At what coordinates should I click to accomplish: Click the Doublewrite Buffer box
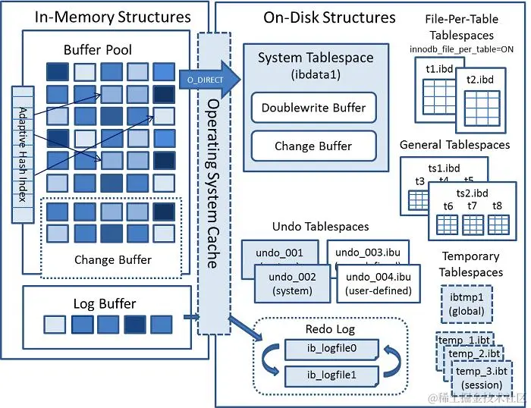313,108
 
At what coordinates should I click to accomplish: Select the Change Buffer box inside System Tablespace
313,146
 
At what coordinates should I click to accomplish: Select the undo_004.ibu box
378,283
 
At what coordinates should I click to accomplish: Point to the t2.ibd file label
480,79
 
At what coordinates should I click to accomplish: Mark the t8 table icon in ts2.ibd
498,223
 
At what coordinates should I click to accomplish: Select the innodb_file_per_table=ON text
461,49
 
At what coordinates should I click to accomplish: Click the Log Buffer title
105,304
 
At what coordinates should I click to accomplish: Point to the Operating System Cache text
213,182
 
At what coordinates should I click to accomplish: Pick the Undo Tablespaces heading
320,226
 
